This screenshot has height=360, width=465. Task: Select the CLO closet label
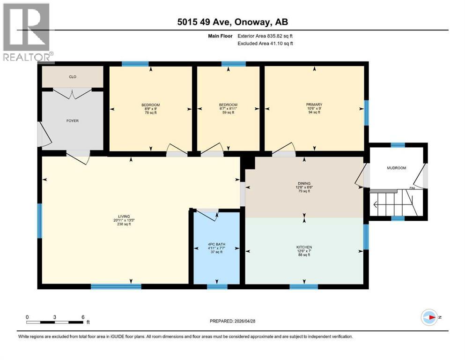(73, 77)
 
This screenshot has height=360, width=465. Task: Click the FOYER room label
(73, 121)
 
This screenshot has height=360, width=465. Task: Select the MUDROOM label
(396, 168)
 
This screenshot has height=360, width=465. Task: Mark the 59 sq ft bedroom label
(229, 108)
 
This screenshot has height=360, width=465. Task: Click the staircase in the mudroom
(391, 203)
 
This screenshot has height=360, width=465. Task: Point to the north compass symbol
(429, 317)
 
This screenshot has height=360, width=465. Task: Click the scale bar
(55, 322)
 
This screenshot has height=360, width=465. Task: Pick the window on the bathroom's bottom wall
(217, 286)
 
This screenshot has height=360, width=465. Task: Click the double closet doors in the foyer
(73, 93)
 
